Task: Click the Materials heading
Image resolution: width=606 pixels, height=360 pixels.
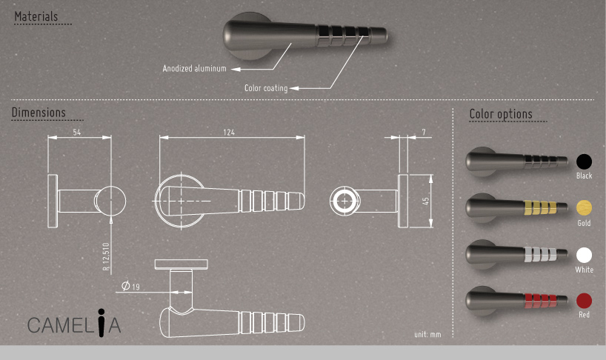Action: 36,16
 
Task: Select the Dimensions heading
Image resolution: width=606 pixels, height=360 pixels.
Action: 39,113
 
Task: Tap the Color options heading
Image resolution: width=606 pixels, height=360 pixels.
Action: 501,114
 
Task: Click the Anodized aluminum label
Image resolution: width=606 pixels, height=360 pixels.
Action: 195,69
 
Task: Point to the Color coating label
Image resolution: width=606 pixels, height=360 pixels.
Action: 266,88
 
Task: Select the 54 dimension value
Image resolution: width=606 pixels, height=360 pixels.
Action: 77,132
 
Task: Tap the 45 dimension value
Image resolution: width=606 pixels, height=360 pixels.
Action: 426,201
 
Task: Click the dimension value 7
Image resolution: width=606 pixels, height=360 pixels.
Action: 423,132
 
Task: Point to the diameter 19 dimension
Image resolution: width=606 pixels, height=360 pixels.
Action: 130,286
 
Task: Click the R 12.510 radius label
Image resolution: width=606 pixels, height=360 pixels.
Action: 105,256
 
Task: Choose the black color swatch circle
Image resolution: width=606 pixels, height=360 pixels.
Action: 585,161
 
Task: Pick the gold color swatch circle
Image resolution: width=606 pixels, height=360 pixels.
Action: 585,208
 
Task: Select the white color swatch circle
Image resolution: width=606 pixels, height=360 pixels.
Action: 585,255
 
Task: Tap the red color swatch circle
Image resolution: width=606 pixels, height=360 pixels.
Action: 585,301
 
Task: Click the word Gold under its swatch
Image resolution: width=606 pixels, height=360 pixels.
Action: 585,223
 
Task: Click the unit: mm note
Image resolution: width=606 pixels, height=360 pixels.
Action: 427,335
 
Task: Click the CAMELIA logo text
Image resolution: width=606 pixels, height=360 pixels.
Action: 74,324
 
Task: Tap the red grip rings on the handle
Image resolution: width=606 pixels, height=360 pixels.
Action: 539,300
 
